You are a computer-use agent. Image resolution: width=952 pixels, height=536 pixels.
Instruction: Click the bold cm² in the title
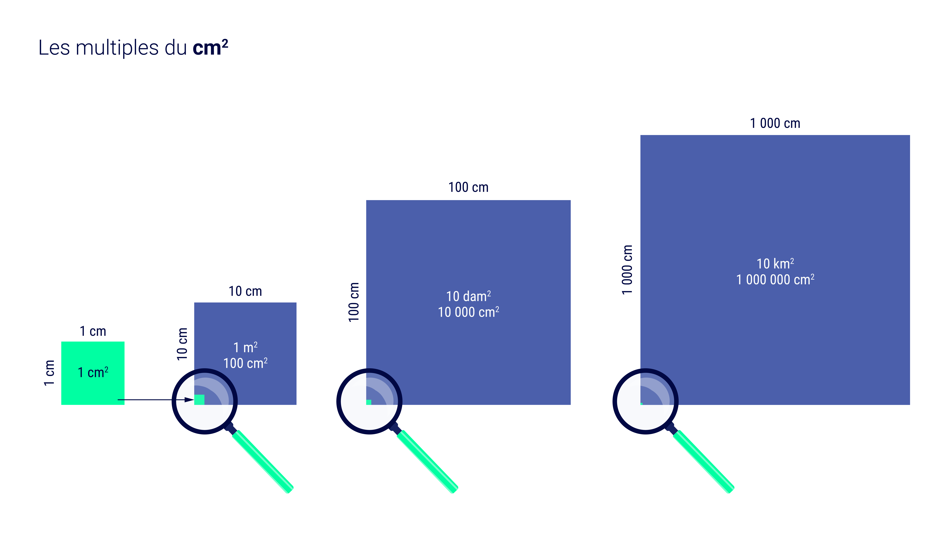click(210, 48)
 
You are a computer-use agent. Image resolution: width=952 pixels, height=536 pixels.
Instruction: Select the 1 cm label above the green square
click(93, 331)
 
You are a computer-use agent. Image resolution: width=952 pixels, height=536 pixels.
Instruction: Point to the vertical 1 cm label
click(49, 373)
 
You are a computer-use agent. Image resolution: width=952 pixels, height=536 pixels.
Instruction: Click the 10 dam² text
click(468, 296)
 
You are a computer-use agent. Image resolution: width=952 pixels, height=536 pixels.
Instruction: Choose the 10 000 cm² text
click(468, 312)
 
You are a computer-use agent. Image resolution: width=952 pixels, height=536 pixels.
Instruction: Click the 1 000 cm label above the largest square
click(775, 123)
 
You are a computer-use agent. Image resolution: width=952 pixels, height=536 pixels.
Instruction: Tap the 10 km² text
click(775, 264)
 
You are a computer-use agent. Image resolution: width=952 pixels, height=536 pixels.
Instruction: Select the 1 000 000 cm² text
click(775, 280)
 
